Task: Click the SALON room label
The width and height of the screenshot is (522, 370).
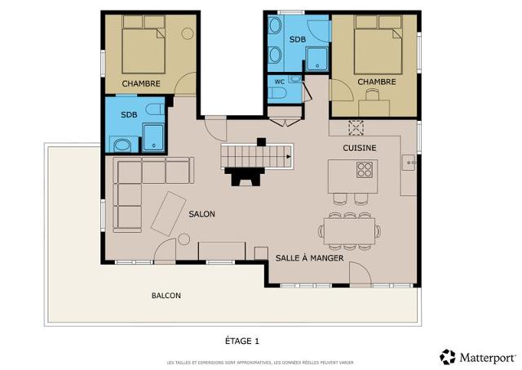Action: [x=201, y=214]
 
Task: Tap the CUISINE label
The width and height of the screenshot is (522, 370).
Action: [x=359, y=148]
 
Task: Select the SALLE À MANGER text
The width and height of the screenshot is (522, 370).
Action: [x=309, y=258]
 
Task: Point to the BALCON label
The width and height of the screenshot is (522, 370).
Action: [x=166, y=295]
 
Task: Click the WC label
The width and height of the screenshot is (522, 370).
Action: [x=279, y=82]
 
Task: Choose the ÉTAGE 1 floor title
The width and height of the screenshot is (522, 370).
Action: [x=242, y=340]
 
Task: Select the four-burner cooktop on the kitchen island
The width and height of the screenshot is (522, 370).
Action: [x=364, y=170]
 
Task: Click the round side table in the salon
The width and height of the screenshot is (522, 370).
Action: [x=184, y=239]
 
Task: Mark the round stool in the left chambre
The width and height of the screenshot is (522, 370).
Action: [x=187, y=34]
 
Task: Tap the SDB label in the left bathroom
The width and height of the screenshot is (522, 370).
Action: [x=128, y=114]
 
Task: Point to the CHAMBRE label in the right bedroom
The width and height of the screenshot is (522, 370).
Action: [x=376, y=82]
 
